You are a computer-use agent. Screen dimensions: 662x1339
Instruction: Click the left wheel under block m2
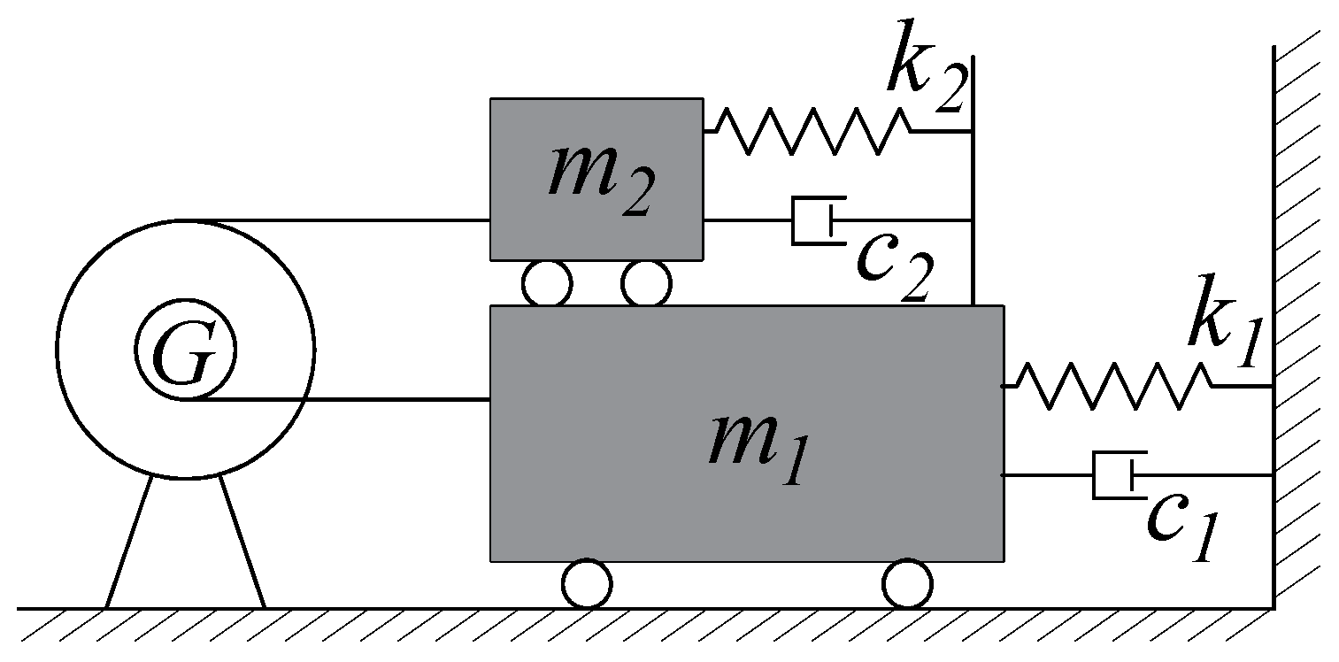click(546, 284)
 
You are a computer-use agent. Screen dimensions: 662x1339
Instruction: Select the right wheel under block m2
click(646, 284)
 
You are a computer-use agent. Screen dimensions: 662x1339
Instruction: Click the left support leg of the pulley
click(129, 542)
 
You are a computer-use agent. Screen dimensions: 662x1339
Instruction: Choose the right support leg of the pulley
click(242, 542)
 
